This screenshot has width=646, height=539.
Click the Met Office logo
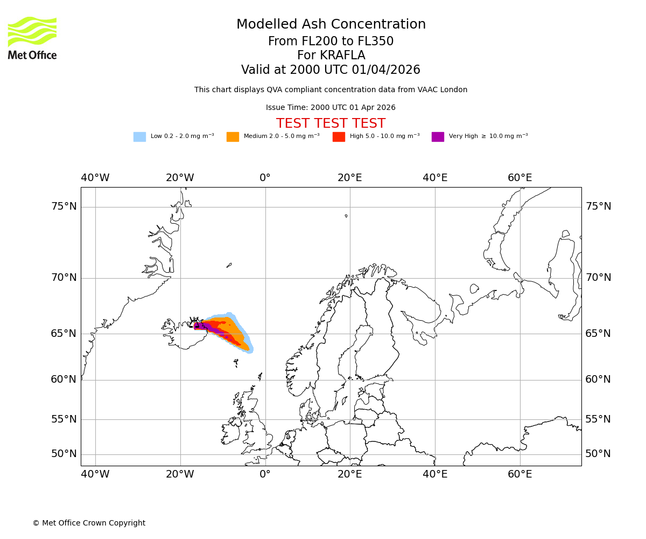point(32,38)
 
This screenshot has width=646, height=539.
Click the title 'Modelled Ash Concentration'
point(331,25)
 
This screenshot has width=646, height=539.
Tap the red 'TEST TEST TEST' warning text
point(331,123)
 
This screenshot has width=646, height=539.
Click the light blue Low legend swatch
point(139,137)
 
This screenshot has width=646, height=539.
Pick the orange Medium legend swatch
point(233,137)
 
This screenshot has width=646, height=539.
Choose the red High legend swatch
point(339,137)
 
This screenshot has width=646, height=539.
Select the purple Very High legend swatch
point(438,137)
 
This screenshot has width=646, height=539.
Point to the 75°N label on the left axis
point(64,206)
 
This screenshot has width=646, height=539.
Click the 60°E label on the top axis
point(519,178)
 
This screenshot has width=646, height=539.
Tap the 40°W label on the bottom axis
point(95,474)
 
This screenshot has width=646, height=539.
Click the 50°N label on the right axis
point(598,454)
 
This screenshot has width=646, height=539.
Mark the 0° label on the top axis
point(265,178)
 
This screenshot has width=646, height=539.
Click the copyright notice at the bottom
point(89,523)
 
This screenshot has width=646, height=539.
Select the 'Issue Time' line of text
point(331,108)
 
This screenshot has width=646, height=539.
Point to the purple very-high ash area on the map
point(200,326)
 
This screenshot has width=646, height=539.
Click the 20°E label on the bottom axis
point(350,474)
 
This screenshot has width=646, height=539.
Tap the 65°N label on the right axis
point(598,334)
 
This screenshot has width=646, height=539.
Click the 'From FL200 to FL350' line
point(331,42)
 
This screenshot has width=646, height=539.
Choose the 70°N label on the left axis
point(64,278)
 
